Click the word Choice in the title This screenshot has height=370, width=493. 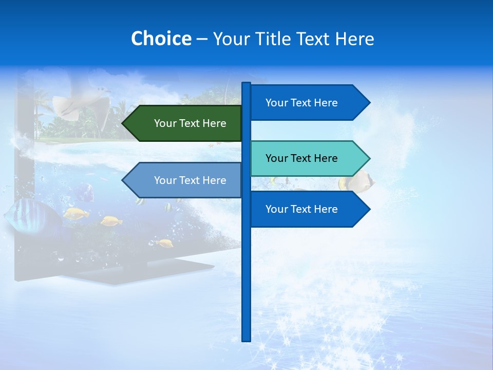161,39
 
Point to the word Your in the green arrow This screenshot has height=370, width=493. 165,123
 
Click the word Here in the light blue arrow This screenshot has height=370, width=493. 215,180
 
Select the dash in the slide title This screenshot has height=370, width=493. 202,39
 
